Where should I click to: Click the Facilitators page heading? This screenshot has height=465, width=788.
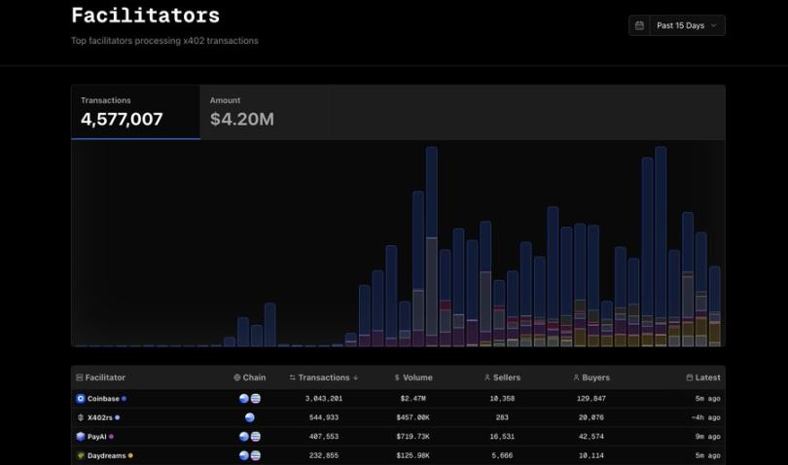click(x=145, y=16)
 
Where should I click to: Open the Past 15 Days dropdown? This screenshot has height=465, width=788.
click(x=677, y=25)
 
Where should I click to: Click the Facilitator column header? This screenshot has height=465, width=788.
click(x=105, y=377)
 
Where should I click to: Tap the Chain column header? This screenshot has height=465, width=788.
click(x=250, y=377)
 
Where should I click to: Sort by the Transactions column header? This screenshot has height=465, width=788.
click(x=324, y=377)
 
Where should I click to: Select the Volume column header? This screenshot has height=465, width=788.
click(x=413, y=377)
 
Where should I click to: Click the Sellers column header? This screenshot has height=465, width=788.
click(x=502, y=377)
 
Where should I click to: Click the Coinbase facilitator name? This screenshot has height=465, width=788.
click(x=103, y=399)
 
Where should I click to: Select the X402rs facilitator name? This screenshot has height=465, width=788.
click(x=101, y=417)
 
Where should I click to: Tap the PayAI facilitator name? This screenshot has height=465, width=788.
click(x=97, y=437)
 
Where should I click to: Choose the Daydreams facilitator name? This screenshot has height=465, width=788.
click(x=106, y=455)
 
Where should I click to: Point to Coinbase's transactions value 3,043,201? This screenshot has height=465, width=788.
click(x=324, y=399)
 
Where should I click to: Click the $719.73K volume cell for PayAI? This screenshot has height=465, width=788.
click(x=413, y=437)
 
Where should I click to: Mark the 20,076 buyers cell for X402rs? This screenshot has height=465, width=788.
click(x=591, y=417)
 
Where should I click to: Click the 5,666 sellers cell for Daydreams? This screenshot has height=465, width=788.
click(x=502, y=455)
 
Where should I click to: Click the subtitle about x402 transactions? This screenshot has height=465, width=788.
click(x=164, y=41)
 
